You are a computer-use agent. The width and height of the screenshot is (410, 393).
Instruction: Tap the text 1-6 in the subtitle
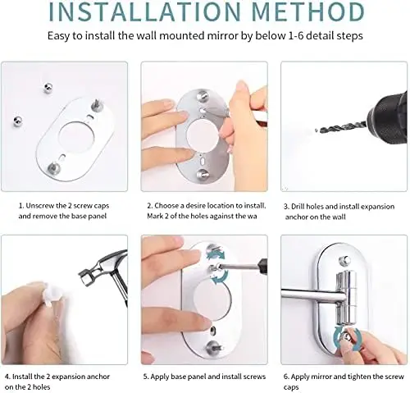coord(288,37)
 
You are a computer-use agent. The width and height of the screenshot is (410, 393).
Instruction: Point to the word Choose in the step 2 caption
coord(171,207)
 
